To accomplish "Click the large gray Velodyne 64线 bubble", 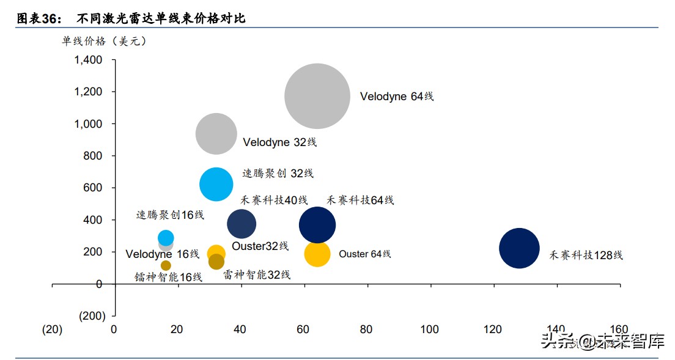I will pos(317,96).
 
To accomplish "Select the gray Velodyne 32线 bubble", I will pos(216,134).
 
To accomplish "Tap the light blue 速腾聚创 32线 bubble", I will pos(216,184).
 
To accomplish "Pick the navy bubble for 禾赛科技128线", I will pos(519,248).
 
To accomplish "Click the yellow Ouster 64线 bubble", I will pos(317,254).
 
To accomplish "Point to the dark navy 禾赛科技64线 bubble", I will pos(317,225).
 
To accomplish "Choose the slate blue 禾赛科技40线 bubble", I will pos(242,224).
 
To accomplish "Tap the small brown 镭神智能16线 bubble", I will pos(166,265).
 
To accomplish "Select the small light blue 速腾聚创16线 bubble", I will pos(166,238).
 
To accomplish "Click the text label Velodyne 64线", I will pos(396,97).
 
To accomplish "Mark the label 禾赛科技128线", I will pos(586,255).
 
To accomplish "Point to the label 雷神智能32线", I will pos(257,275).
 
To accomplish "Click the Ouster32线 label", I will pos(260,246).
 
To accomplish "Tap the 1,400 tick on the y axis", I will pos(88,60).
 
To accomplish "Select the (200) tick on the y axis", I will pos(92,315).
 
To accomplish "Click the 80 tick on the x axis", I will pos(366,329).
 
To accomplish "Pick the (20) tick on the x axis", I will pos(52,329).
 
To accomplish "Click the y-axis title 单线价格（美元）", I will pos(104,42).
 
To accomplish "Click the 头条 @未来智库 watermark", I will pos(602,341).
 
